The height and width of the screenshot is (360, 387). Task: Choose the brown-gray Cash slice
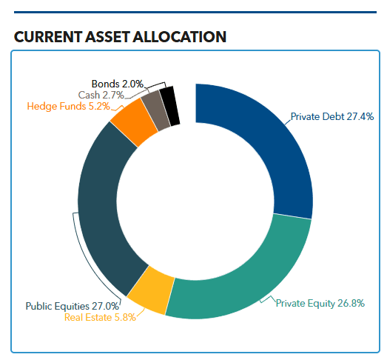click(x=155, y=108)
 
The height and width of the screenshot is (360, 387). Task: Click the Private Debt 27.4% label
click(x=332, y=116)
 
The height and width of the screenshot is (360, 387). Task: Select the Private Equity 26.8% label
click(x=320, y=304)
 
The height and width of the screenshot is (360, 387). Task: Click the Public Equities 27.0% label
click(x=72, y=305)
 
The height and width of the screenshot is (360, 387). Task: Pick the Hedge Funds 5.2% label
click(x=68, y=106)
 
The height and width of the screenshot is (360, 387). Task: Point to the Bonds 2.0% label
click(x=117, y=84)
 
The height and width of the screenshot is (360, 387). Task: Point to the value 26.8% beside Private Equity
click(x=350, y=304)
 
